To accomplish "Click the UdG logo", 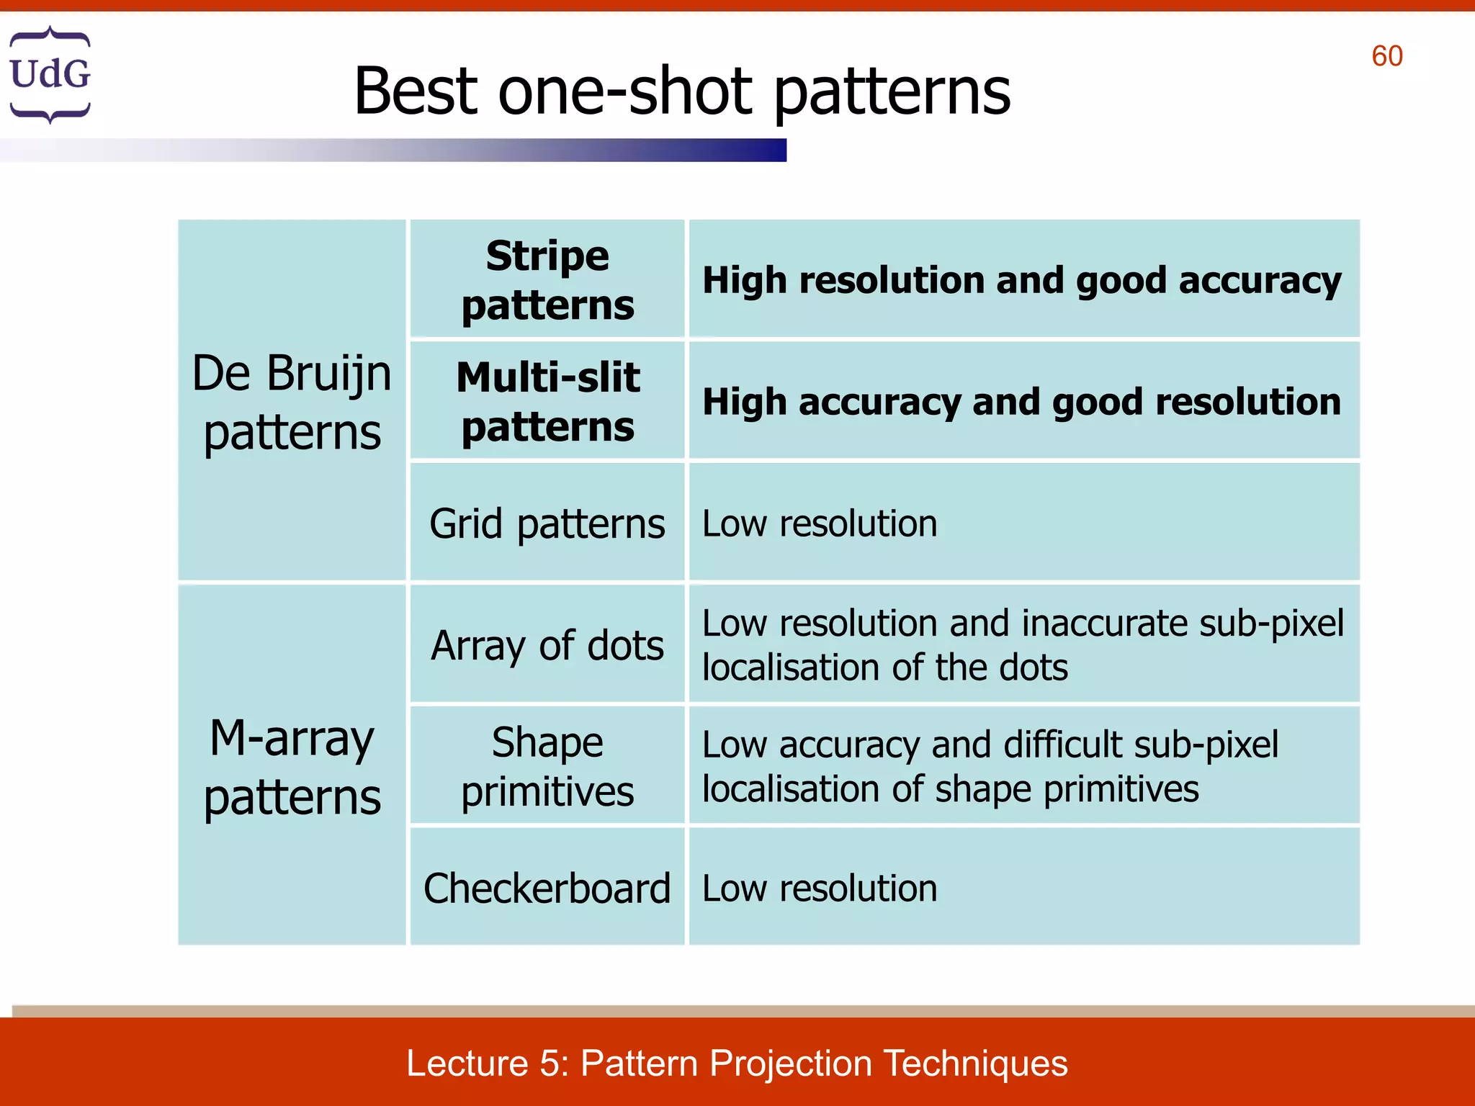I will pos(50,74).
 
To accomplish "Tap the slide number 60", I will pos(1386,56).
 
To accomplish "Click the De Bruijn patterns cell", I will pos(292,402).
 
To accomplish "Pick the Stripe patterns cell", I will pos(547,279).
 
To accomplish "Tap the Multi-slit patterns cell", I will pos(547,401).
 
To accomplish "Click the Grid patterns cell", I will pos(547,523).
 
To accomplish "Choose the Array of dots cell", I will pos(547,644).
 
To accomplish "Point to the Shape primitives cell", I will pos(547,766).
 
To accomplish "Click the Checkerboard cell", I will pos(547,888).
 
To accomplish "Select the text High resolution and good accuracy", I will pos(1021,280).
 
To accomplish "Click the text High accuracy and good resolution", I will pos(1021,402).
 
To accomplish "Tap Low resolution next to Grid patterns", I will pos(820,523).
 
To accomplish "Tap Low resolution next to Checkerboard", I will pos(820,888).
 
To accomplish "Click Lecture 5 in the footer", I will pos(487,1063).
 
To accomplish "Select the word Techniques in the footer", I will pos(975,1063).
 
